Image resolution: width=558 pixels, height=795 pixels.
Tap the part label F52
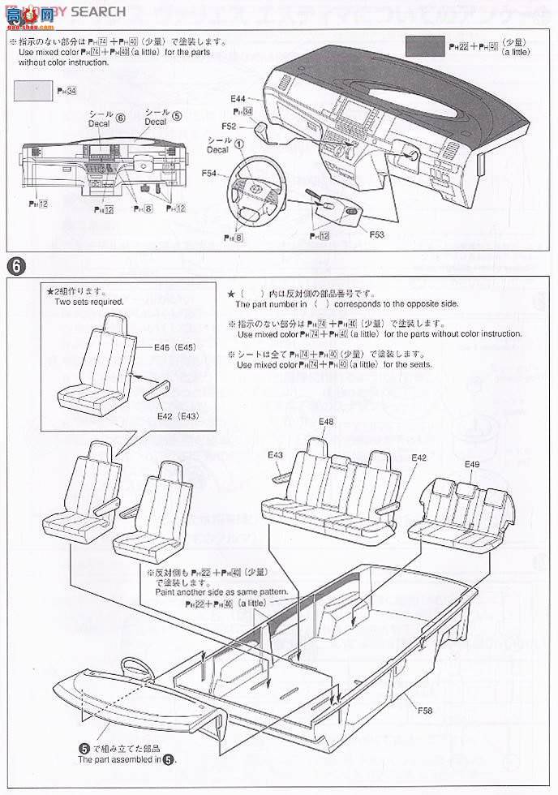(228, 126)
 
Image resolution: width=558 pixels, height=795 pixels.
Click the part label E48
(325, 422)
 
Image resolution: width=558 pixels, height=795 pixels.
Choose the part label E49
(472, 464)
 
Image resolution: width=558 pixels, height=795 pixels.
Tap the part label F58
(426, 710)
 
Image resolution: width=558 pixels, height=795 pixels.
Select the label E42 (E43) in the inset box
(177, 415)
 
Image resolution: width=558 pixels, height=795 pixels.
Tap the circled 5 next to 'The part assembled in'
(168, 760)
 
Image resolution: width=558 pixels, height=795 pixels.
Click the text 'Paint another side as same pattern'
(221, 592)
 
